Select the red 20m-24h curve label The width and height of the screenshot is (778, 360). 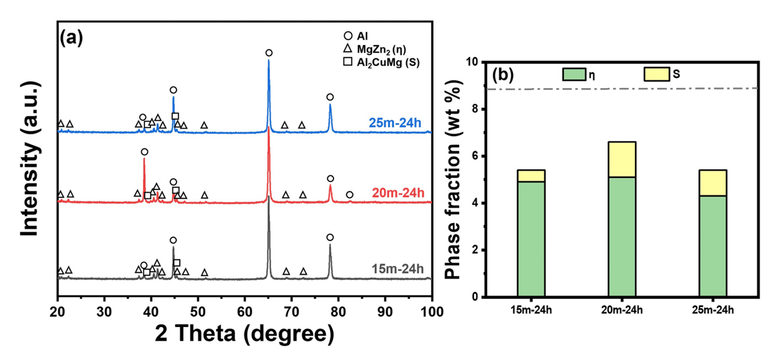click(397, 193)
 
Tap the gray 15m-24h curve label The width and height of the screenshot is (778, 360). click(397, 270)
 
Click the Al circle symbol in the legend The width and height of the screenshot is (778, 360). click(347, 36)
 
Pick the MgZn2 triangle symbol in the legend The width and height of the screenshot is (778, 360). click(347, 49)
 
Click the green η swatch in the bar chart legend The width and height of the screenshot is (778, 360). click(575, 73)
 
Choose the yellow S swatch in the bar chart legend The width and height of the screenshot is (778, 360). click(656, 73)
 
